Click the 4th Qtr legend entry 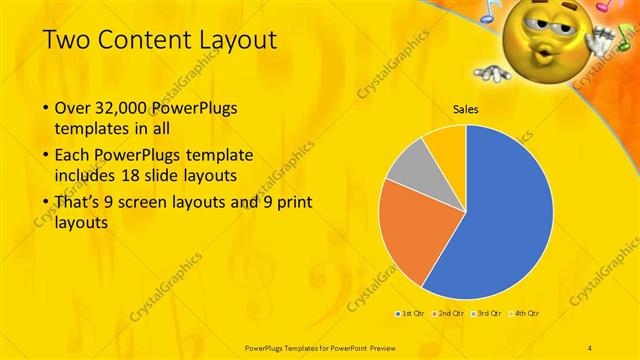pyautogui.click(x=527, y=314)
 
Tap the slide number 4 pyautogui.click(x=591, y=346)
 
